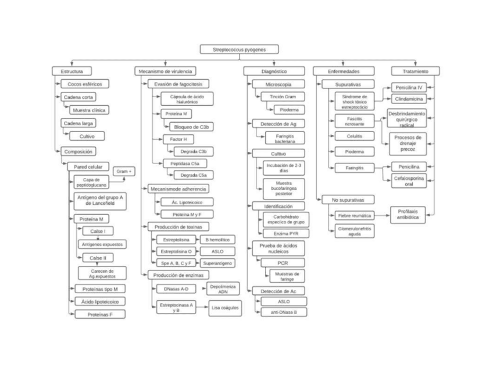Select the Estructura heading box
(x=72, y=72)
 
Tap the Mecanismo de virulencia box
(x=165, y=72)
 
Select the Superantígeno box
(x=217, y=263)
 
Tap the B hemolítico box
(x=217, y=240)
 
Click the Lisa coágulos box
(x=225, y=308)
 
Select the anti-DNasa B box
(x=284, y=312)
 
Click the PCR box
(x=283, y=262)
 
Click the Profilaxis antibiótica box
(x=408, y=215)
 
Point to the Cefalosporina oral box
(x=409, y=180)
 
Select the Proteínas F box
(x=99, y=314)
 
